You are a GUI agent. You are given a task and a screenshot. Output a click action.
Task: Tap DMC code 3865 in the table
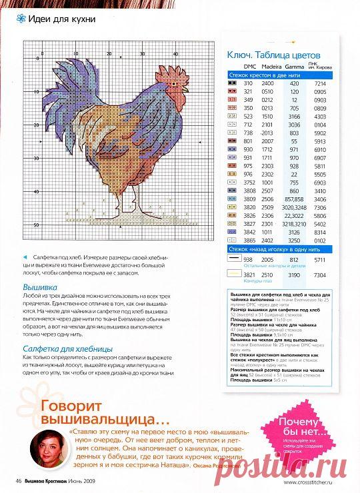[x=249, y=239]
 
